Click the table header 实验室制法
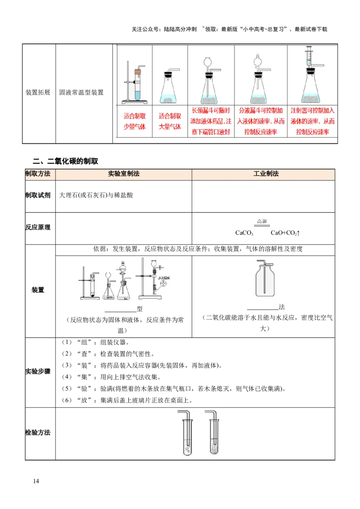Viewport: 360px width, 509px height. tap(124, 174)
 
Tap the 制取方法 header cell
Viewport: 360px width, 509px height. tap(39, 174)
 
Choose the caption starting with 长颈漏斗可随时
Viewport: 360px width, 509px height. tap(211, 121)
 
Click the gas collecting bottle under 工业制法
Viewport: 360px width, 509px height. tap(266, 281)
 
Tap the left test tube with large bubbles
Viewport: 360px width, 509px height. tap(187, 436)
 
